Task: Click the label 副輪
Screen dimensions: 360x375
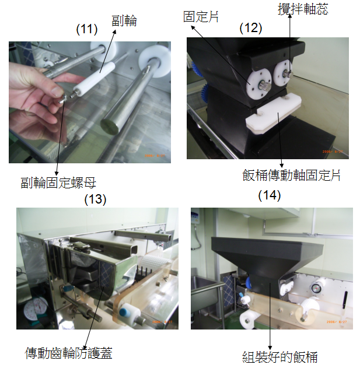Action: pos(124,20)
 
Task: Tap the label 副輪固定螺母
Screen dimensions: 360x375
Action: pos(58,183)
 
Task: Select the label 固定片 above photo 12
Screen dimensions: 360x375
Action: pos(201,17)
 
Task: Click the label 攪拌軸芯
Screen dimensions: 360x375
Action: pos(303,9)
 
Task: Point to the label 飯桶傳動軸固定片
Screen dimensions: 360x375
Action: pos(291,176)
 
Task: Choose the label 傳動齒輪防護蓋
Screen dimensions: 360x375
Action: pos(69,353)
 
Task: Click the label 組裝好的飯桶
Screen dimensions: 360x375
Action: pos(280,357)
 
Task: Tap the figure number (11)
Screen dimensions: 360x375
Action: pos(87,29)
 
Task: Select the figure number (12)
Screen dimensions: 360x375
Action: pos(251,28)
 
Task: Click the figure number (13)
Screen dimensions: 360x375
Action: pos(95,199)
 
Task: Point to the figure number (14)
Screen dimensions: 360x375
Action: pos(270,195)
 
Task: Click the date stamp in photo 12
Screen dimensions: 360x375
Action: pos(333,152)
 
